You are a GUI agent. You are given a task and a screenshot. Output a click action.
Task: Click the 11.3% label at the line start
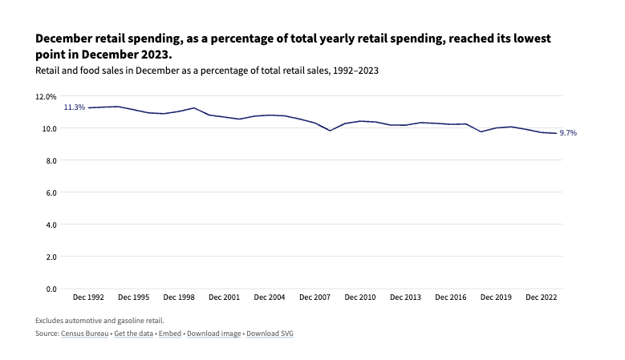point(75,107)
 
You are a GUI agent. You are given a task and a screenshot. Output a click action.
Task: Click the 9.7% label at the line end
point(567,133)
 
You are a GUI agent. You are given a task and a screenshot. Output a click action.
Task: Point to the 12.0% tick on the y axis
point(46,96)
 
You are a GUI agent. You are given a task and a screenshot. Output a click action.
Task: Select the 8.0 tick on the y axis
point(51,160)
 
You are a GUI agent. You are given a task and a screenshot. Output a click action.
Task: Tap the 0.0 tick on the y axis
point(51,289)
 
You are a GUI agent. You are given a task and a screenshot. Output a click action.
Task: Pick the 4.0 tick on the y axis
point(51,224)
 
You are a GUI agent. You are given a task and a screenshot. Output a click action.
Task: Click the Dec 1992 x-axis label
point(88,297)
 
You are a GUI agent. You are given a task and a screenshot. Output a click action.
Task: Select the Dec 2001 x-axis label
point(224,297)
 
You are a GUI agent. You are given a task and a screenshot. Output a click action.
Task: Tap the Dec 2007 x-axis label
point(315,297)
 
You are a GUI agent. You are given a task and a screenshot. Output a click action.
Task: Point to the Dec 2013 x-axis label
point(405,297)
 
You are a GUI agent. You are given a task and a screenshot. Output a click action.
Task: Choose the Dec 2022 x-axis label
point(542,297)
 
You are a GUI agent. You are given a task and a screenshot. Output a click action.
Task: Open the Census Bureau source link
point(84,333)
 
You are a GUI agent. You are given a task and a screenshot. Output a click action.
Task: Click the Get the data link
point(133,333)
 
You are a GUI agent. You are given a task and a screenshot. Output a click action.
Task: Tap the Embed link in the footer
point(169,333)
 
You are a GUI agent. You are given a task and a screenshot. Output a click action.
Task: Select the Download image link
point(213,333)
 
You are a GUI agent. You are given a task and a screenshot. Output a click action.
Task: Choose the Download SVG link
point(270,333)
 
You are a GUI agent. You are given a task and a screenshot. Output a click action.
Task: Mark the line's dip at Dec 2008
point(330,131)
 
